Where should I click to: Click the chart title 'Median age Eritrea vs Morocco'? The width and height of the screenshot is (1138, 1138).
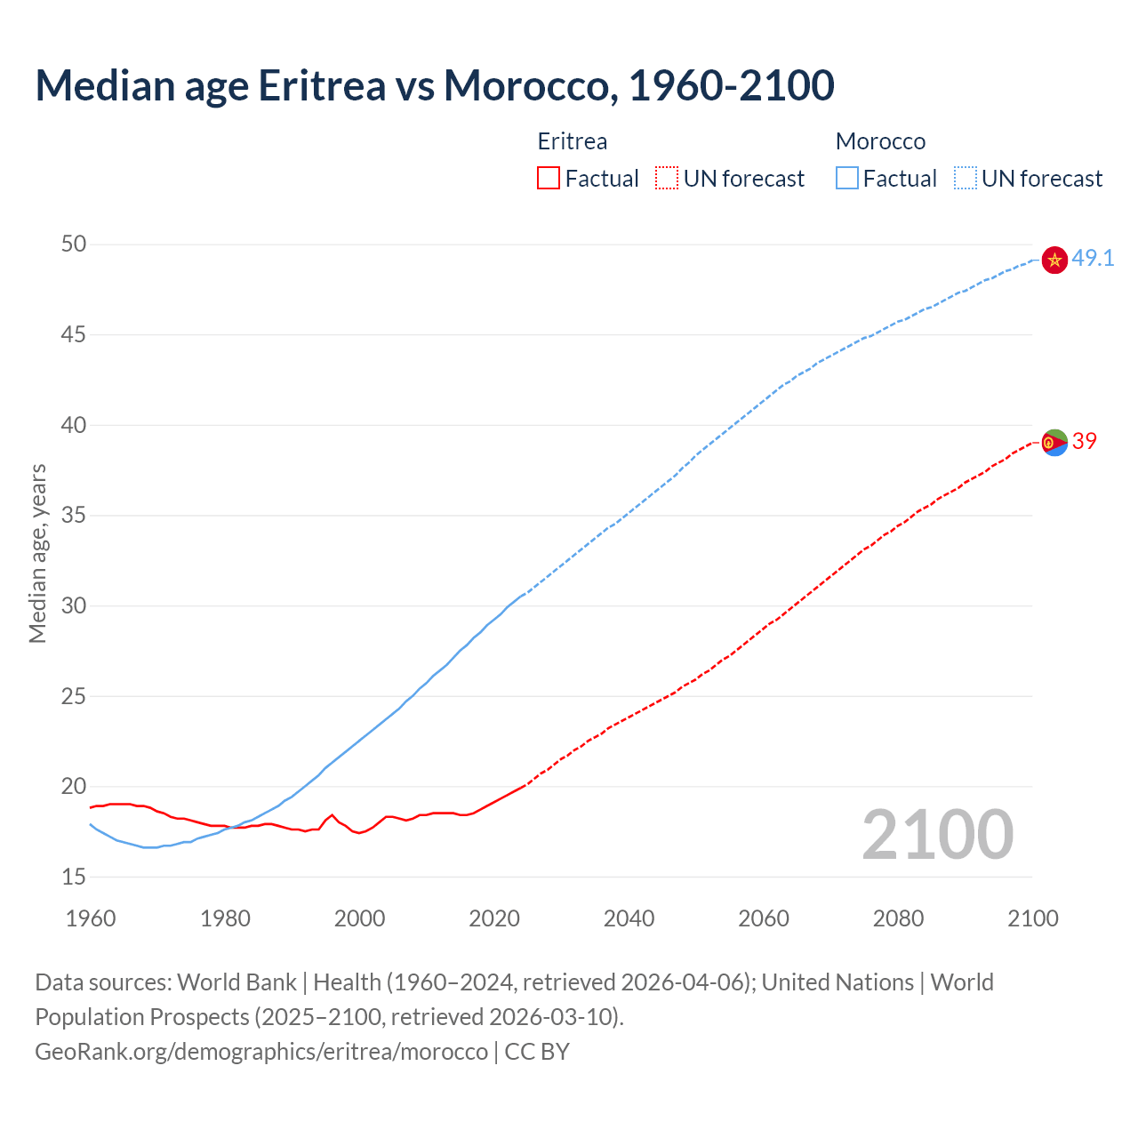pyautogui.click(x=434, y=85)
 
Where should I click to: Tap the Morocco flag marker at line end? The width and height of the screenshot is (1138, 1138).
pyautogui.click(x=1054, y=260)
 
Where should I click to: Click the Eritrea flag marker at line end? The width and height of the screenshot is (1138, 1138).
pyautogui.click(x=1054, y=442)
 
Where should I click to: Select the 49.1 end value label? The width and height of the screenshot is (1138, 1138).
pyautogui.click(x=1093, y=259)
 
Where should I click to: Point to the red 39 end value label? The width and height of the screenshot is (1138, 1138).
pyautogui.click(x=1085, y=441)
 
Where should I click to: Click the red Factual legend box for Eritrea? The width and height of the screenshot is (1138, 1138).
pyautogui.click(x=549, y=179)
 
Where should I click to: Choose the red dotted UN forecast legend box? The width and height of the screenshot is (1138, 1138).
pyautogui.click(x=667, y=179)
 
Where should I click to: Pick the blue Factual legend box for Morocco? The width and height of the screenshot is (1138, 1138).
pyautogui.click(x=846, y=179)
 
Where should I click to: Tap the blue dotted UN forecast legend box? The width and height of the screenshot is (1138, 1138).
pyautogui.click(x=965, y=179)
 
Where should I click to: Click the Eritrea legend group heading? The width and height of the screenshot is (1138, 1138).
pyautogui.click(x=573, y=141)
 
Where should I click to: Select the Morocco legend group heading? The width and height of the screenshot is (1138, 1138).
pyautogui.click(x=880, y=141)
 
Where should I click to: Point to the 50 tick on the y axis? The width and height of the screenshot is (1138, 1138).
pyautogui.click(x=74, y=244)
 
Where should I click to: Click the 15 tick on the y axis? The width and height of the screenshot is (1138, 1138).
pyautogui.click(x=74, y=877)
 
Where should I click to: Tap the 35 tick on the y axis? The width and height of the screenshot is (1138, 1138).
pyautogui.click(x=74, y=515)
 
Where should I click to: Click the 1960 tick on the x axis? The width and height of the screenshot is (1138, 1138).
pyautogui.click(x=91, y=918)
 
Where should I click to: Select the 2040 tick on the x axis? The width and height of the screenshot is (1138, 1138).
pyautogui.click(x=629, y=918)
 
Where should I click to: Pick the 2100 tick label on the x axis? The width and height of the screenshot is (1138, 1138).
pyautogui.click(x=1033, y=918)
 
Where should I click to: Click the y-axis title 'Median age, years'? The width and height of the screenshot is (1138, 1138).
pyautogui.click(x=37, y=553)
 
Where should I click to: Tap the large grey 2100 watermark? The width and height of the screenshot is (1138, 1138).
pyautogui.click(x=937, y=834)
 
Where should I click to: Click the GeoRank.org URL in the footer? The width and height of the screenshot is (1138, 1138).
pyautogui.click(x=261, y=1052)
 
